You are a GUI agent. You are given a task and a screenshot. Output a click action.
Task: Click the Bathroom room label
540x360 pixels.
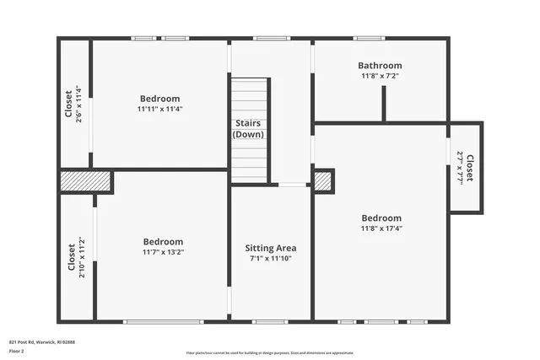tap(380, 65)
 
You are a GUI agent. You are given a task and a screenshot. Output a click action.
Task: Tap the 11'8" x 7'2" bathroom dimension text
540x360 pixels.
tap(380, 76)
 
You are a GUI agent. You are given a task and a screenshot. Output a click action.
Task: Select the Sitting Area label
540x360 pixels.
tap(270, 248)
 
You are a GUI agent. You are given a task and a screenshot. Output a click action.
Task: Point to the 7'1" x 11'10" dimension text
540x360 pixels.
tap(270, 259)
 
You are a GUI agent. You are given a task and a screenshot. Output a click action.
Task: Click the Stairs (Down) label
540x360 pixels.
tap(250, 129)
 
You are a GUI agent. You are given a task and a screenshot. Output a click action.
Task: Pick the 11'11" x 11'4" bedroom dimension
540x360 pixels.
tap(160, 109)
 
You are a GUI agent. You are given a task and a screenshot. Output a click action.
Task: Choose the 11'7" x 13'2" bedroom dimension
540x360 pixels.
tap(163, 252)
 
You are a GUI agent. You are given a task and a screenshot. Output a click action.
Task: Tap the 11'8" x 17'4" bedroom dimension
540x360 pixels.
tap(381, 228)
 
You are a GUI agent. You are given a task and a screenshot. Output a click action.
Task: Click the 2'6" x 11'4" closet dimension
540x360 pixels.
tap(78, 105)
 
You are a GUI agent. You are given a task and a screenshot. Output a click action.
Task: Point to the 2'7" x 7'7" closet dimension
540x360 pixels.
tap(461, 167)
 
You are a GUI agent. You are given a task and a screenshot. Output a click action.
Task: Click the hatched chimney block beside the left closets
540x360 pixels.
tap(86, 182)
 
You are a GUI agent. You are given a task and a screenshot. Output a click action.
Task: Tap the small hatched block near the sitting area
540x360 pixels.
tap(323, 180)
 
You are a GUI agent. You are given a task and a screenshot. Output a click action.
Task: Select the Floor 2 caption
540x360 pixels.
tap(15, 352)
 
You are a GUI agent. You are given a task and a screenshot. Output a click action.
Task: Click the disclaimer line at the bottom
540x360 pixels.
tap(270, 352)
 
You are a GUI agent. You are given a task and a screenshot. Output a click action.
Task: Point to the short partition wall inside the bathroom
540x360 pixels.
tap(384, 103)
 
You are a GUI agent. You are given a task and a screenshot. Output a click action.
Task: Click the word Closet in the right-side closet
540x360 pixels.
tap(470, 167)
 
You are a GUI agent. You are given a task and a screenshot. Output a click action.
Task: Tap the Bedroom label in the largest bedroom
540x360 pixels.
tap(381, 218)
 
